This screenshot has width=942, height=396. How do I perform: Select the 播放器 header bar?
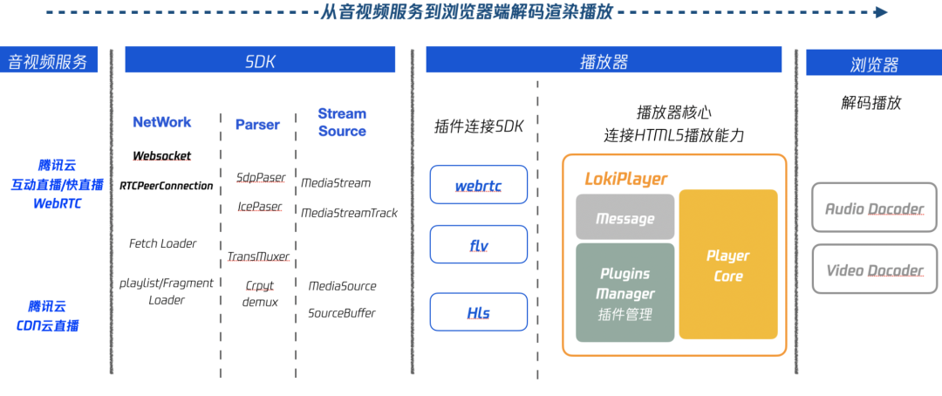coord(604,60)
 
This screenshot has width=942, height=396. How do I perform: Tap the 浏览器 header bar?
coord(873,64)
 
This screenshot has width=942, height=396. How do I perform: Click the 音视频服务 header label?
coord(48,61)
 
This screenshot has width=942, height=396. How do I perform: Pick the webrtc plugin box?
coord(479,186)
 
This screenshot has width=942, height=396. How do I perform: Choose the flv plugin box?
coord(479,245)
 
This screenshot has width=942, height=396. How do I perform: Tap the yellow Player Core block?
coord(728,265)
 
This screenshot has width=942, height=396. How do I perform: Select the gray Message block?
coord(625,218)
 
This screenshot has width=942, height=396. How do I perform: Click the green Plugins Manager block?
coord(625,293)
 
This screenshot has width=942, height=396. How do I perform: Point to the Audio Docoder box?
coord(874,208)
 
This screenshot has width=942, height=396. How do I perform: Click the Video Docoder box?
coord(874,270)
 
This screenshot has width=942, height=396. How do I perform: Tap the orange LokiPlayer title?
coord(625,179)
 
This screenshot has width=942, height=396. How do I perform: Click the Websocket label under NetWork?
coord(161,156)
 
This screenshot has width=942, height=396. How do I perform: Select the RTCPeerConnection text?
coord(166,186)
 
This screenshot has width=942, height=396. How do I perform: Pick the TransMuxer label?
coord(258,256)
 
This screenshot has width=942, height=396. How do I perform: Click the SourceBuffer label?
coord(342,313)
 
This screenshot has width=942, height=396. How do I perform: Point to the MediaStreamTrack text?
coord(349,213)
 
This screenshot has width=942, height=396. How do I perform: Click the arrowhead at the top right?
coord(881,12)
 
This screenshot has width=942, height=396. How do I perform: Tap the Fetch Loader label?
coord(162,243)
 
